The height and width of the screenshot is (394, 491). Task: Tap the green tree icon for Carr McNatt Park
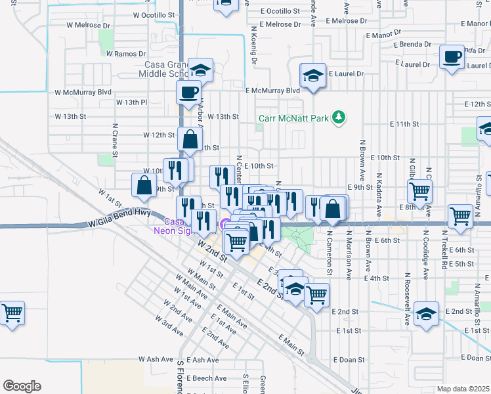(x=339, y=117)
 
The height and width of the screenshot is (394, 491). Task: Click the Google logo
(x=22, y=386)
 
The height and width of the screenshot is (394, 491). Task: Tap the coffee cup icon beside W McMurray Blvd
(x=189, y=91)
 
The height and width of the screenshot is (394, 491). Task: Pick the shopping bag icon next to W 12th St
(x=190, y=139)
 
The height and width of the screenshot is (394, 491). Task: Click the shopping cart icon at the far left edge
(x=12, y=313)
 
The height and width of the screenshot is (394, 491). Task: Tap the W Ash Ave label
(x=156, y=360)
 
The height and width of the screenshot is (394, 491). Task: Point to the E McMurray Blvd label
(x=272, y=91)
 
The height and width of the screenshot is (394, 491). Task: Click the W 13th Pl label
(x=132, y=102)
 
